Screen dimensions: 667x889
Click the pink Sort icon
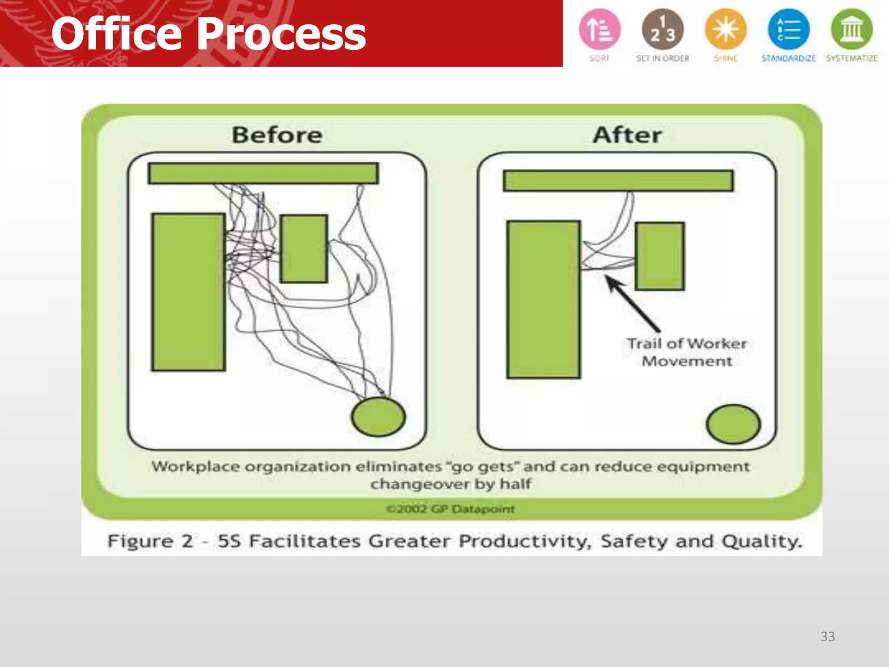click(599, 30)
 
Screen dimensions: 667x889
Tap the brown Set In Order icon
click(662, 30)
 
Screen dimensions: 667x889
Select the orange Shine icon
click(725, 30)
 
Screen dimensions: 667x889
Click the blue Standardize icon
click(788, 30)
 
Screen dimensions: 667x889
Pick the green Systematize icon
click(851, 30)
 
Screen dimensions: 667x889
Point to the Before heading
click(277, 135)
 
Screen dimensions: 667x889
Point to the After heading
click(627, 135)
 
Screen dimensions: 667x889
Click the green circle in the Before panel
click(379, 416)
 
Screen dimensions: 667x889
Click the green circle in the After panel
click(733, 424)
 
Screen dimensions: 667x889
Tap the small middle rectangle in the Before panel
click(303, 248)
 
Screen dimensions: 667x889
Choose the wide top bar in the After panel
click(618, 181)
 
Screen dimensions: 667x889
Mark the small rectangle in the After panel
click(659, 256)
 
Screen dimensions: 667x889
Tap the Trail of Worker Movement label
click(687, 352)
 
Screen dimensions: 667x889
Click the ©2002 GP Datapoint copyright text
click(451, 509)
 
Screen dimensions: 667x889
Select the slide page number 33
click(827, 636)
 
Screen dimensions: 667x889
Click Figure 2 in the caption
click(150, 541)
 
